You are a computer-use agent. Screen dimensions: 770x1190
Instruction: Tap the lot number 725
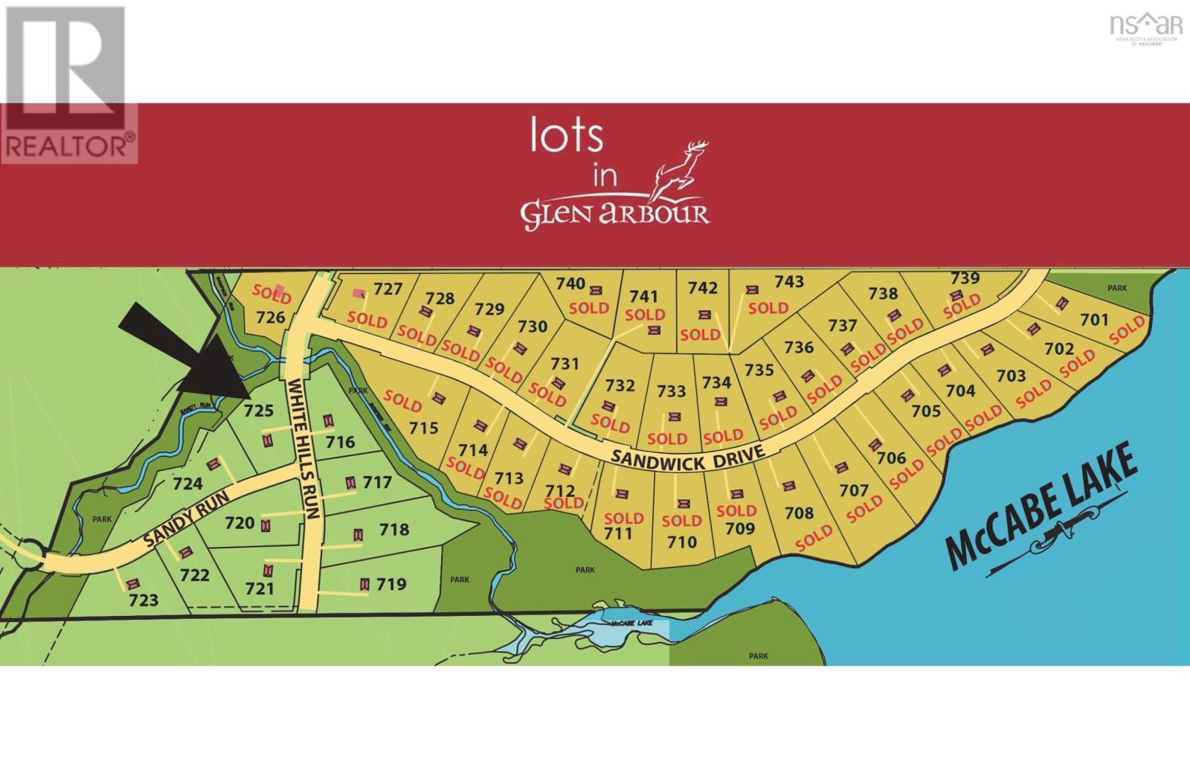(x=259, y=410)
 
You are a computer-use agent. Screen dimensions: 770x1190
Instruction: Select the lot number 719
(x=391, y=584)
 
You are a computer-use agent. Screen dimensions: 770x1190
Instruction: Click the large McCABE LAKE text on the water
(x=1041, y=505)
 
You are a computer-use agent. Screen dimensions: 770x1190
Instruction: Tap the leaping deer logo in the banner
(x=678, y=171)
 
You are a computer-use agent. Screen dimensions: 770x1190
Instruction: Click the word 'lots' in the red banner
(x=566, y=136)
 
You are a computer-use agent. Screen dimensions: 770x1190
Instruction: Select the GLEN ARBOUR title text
(x=614, y=214)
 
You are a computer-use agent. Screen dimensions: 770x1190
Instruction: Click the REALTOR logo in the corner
(x=68, y=83)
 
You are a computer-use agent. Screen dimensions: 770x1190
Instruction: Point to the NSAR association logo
(x=1145, y=28)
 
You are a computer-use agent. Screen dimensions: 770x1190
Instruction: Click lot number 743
(x=789, y=281)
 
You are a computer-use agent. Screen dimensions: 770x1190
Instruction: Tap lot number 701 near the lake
(x=1094, y=319)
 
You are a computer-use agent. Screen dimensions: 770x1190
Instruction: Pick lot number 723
(x=144, y=600)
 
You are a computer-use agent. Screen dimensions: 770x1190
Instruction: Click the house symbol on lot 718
(x=358, y=535)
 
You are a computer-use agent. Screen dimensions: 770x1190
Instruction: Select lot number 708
(x=799, y=513)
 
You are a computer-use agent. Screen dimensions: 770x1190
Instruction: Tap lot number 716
(x=340, y=442)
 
